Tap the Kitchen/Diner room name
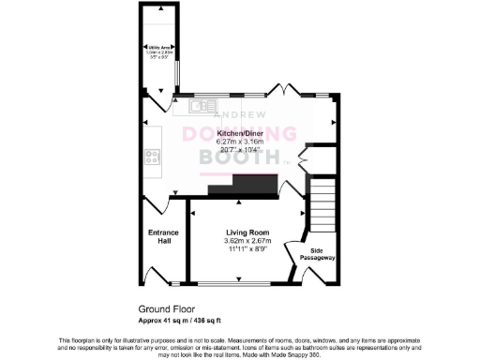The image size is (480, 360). pos(240,134)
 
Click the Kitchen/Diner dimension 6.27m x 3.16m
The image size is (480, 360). pos(240,142)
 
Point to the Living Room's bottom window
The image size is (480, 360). pos(233,283)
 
